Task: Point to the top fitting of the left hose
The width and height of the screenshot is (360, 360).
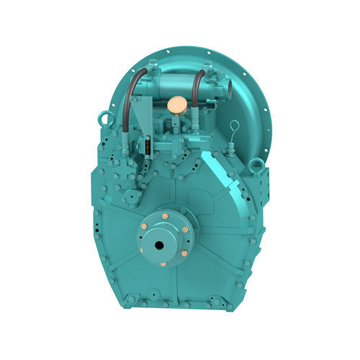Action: tap(149, 70)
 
